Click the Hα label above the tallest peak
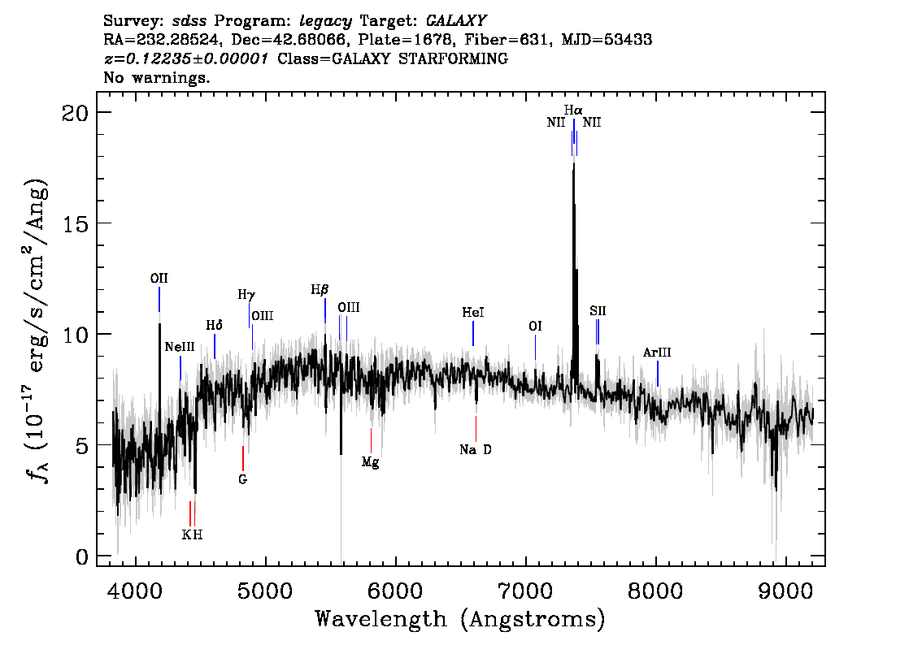tap(573, 110)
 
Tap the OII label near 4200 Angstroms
tap(159, 279)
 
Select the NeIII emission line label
tap(180, 347)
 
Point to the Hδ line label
tap(214, 326)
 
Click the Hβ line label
tap(320, 290)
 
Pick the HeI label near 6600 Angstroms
tap(472, 313)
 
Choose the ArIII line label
tap(657, 353)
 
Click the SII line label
tap(598, 311)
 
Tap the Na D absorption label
tap(476, 450)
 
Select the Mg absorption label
tap(371, 462)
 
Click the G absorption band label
tap(242, 479)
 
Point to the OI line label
tap(535, 327)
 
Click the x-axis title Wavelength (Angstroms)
tap(460, 619)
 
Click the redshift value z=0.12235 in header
tap(186, 59)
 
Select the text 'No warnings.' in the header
tap(157, 79)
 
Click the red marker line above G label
tap(242, 457)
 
